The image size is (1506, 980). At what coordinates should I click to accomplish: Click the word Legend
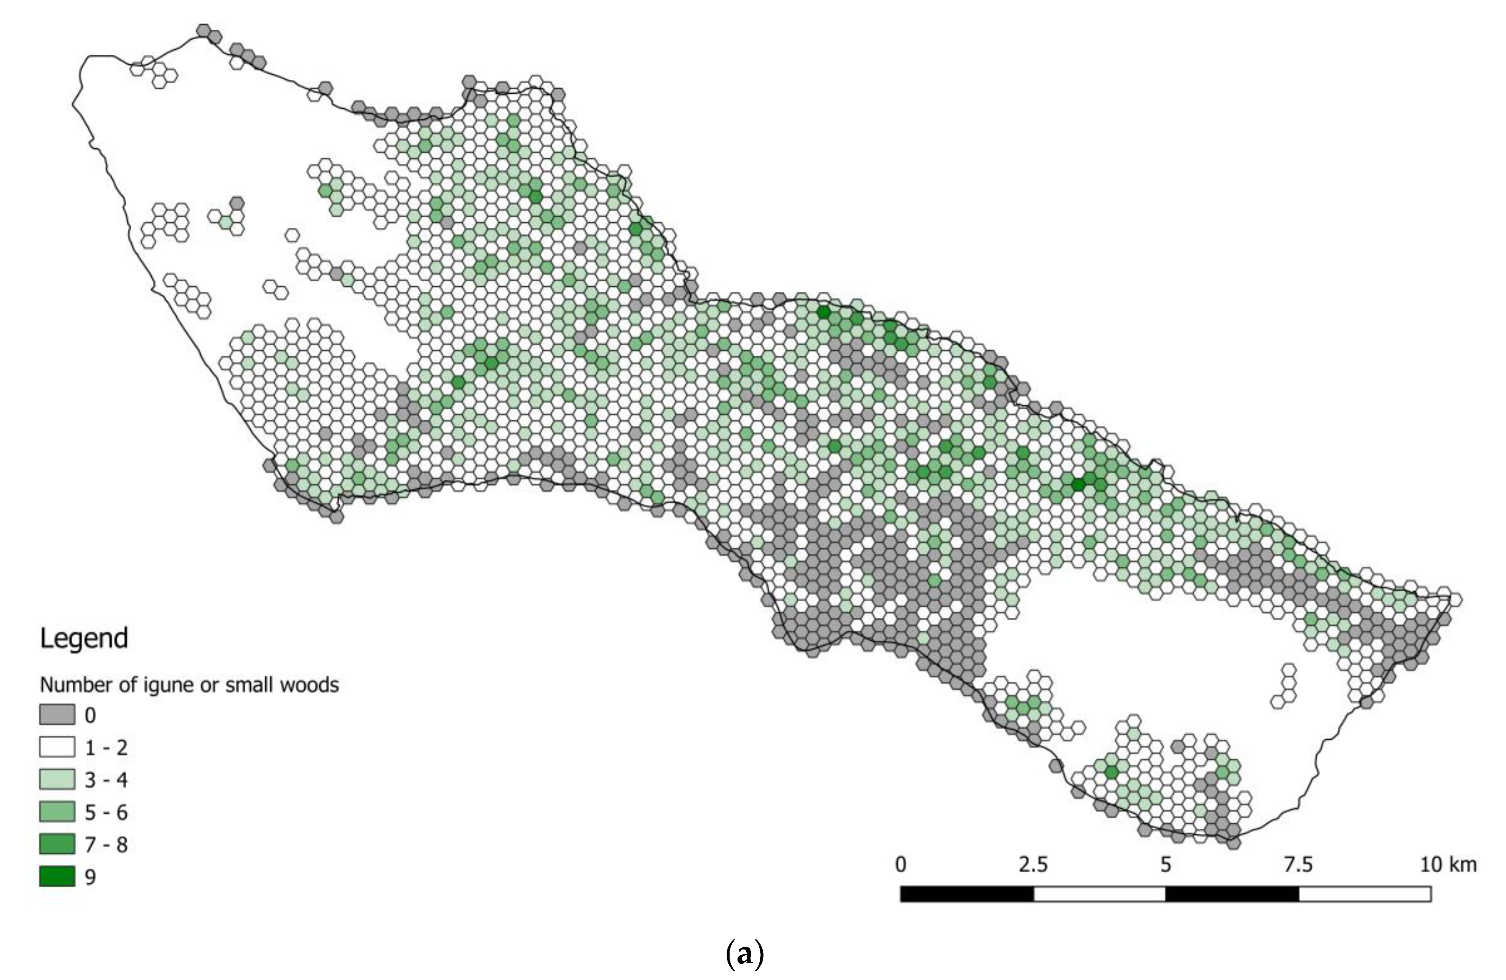pyautogui.click(x=84, y=638)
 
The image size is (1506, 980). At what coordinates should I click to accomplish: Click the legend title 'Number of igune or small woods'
pyautogui.click(x=189, y=685)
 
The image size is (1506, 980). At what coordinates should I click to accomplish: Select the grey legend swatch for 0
pyautogui.click(x=57, y=715)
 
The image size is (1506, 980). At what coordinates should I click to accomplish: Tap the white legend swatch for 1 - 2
pyautogui.click(x=57, y=747)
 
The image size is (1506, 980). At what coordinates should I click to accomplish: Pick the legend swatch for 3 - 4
pyautogui.click(x=57, y=779)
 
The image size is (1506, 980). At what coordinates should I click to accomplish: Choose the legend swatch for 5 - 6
pyautogui.click(x=57, y=812)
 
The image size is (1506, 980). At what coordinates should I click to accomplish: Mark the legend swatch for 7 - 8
pyautogui.click(x=57, y=844)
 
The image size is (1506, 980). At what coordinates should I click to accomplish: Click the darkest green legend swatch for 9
pyautogui.click(x=57, y=876)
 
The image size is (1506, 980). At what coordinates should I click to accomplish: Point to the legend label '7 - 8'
pyautogui.click(x=106, y=845)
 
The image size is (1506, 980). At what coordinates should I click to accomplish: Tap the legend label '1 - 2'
pyautogui.click(x=106, y=748)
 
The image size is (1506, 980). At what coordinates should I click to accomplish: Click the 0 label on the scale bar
pyautogui.click(x=901, y=864)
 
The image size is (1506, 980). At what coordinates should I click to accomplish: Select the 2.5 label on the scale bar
pyautogui.click(x=1033, y=864)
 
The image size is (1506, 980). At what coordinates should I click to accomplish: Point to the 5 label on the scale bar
pyautogui.click(x=1165, y=864)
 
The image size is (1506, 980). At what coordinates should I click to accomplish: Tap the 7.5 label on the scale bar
pyautogui.click(x=1298, y=864)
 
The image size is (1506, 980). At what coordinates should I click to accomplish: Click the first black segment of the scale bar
pyautogui.click(x=967, y=894)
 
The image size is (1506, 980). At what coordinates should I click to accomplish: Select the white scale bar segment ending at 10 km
pyautogui.click(x=1365, y=894)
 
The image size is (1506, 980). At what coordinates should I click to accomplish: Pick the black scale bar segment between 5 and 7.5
pyautogui.click(x=1232, y=894)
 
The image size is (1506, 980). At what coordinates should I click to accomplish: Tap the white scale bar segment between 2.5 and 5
pyautogui.click(x=1099, y=894)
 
